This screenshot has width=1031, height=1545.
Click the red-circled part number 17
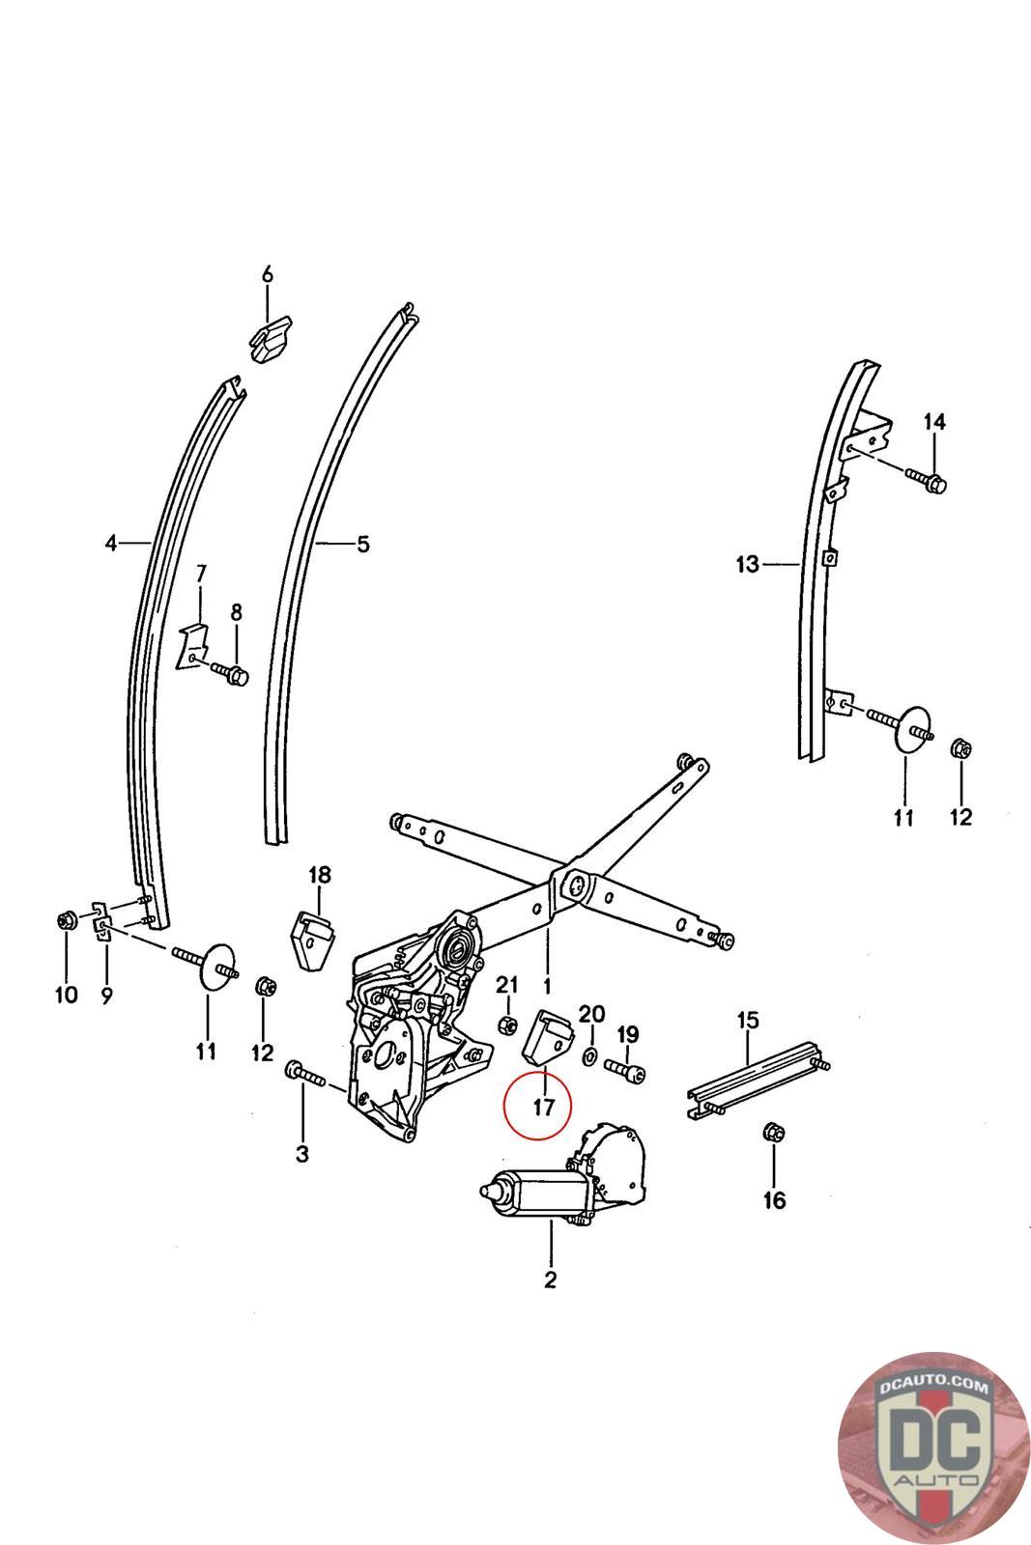tap(543, 1107)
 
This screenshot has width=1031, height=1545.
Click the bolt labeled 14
tap(928, 479)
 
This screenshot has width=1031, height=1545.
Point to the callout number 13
tap(748, 564)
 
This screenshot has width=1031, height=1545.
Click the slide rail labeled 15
tap(759, 1079)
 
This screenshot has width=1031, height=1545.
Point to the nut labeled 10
tap(66, 921)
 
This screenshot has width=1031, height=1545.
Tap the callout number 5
tap(362, 545)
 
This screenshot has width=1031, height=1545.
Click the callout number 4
tap(111, 544)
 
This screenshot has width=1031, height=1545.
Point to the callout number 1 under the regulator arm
tap(546, 987)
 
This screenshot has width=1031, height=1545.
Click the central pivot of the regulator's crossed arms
tap(576, 883)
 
